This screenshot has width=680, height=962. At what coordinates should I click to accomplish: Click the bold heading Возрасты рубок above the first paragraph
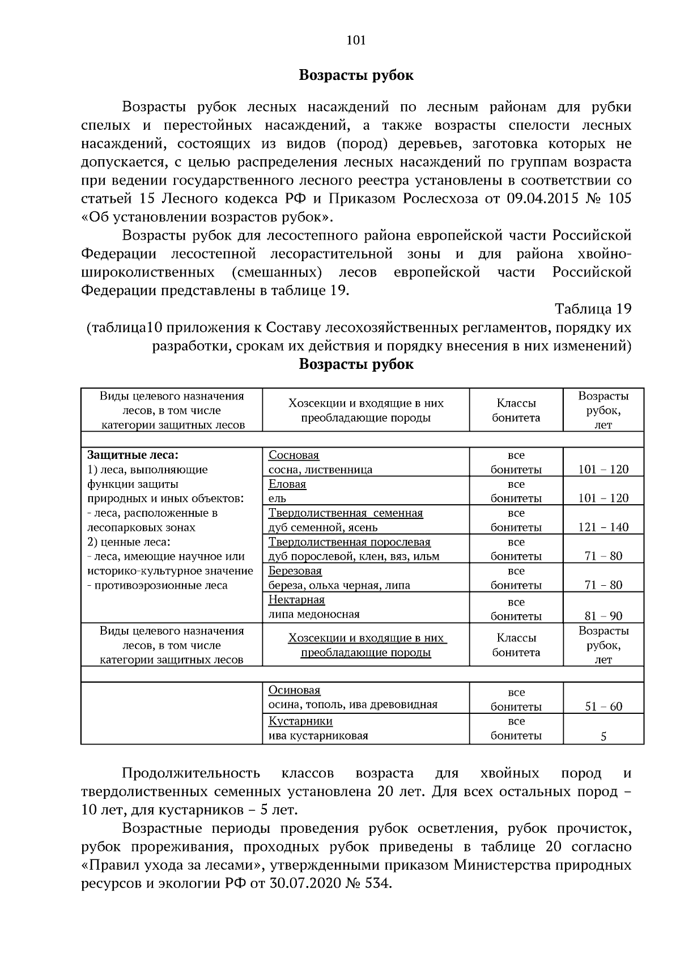pyautogui.click(x=356, y=75)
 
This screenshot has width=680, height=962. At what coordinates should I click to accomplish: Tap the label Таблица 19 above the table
pyautogui.click(x=593, y=309)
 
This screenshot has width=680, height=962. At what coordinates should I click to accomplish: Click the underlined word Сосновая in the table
pyautogui.click(x=294, y=456)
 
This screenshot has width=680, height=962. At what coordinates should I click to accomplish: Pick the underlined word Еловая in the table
pyautogui.click(x=287, y=484)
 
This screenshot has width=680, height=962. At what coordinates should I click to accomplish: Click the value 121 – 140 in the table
pyautogui.click(x=603, y=527)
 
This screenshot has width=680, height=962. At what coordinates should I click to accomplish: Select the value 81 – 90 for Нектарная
pyautogui.click(x=603, y=616)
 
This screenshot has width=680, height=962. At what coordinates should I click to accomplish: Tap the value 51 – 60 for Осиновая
pyautogui.click(x=603, y=706)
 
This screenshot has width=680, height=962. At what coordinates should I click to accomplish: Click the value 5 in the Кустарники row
pyautogui.click(x=603, y=737)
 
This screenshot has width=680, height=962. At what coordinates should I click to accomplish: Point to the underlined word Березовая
pyautogui.click(x=295, y=571)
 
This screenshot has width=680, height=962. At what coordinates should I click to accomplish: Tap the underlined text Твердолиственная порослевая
pyautogui.click(x=349, y=542)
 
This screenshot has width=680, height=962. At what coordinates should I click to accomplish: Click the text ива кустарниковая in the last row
pyautogui.click(x=318, y=736)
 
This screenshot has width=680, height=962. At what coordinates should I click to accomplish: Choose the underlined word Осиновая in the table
pyautogui.click(x=294, y=691)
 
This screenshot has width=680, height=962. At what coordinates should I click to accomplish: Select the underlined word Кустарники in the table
pyautogui.click(x=300, y=721)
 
